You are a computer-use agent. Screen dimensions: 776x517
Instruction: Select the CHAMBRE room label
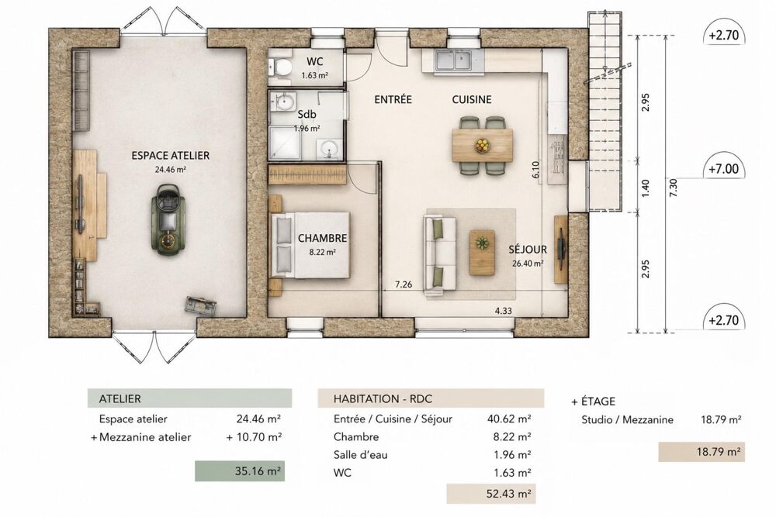pos(322,238)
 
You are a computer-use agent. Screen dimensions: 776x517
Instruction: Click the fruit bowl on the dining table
pos(482,145)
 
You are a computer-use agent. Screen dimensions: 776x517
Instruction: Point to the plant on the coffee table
pos(482,243)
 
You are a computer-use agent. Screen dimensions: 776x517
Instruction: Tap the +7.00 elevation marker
pos(723,169)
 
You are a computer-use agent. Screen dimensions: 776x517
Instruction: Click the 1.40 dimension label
pos(645,187)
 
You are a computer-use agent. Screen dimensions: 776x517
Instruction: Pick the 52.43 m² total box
pos(491,493)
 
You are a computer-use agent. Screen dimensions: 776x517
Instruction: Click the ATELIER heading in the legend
pos(120,399)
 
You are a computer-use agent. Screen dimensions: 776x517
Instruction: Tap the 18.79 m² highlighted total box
pos(702,452)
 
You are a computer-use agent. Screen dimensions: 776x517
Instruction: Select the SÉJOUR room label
pos(528,250)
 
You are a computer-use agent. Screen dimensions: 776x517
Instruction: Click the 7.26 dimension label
pos(404,284)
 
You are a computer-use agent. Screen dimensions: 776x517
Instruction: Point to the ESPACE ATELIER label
pos(170,156)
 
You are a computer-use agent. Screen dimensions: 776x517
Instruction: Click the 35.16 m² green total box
pos(240,471)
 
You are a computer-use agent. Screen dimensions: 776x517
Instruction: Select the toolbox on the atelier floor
pos(201,305)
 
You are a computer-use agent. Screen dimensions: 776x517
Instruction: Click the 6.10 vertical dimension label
pos(536,170)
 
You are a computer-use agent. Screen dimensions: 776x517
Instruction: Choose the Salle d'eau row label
pos(360,455)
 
